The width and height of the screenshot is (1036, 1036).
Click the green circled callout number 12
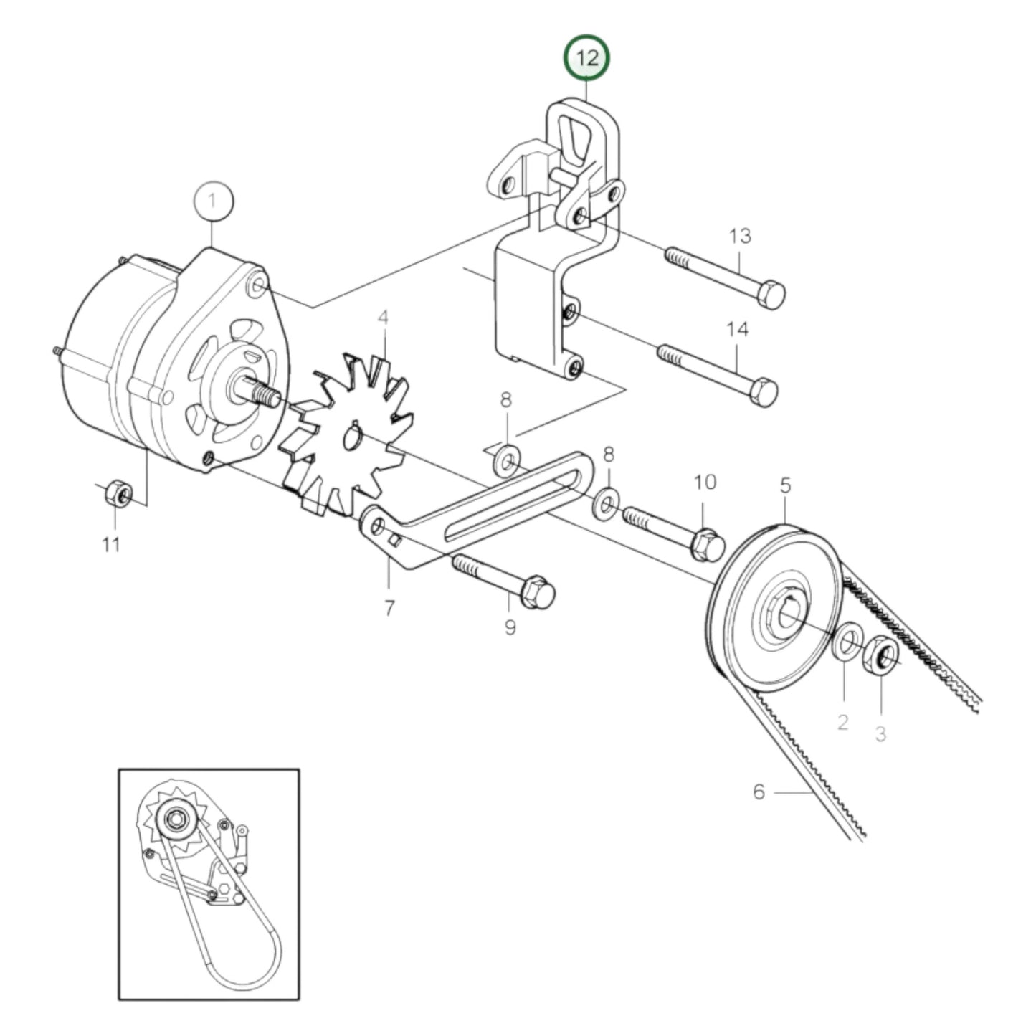(x=586, y=58)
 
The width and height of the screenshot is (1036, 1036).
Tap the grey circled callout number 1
(x=212, y=201)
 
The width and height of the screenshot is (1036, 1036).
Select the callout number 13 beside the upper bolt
(x=740, y=235)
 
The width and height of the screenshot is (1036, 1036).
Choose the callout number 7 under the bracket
(x=389, y=608)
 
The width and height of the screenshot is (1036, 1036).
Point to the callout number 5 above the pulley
(x=785, y=485)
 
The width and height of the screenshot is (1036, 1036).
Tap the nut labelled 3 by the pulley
(x=881, y=655)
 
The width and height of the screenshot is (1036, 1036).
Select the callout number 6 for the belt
(x=759, y=792)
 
